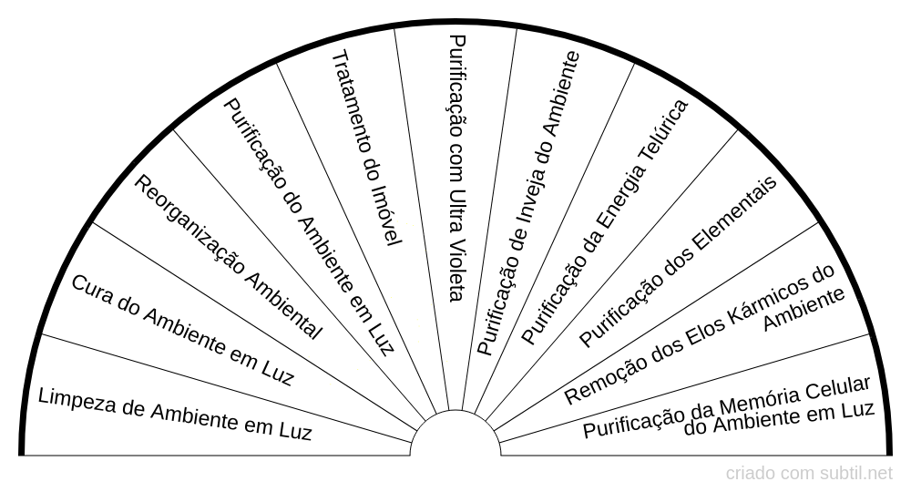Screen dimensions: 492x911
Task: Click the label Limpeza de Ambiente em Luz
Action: [175, 415]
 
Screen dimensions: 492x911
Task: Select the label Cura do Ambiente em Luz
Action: [181, 329]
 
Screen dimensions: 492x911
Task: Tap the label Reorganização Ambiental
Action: [228, 257]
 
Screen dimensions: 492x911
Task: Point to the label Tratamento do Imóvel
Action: [365, 147]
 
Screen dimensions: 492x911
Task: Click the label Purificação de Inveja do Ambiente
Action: [528, 202]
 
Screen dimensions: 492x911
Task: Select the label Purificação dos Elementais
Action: [678, 261]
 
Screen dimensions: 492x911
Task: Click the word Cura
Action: [92, 288]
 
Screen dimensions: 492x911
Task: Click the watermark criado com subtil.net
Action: [809, 474]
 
